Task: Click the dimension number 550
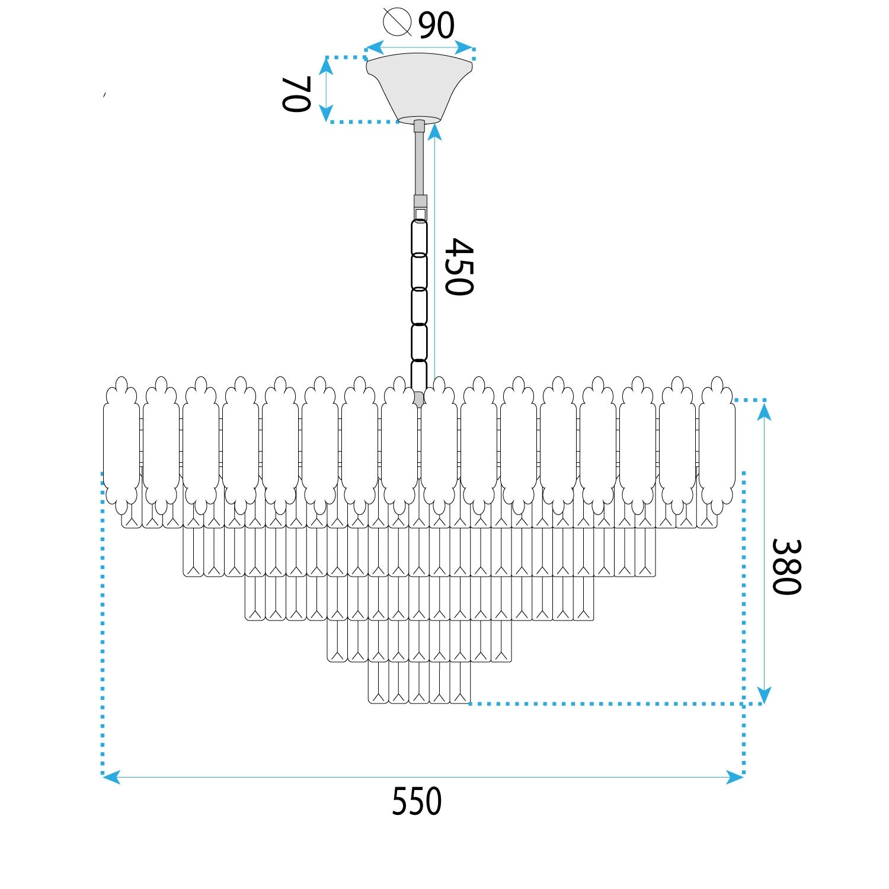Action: [x=416, y=802]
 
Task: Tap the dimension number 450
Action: [x=459, y=267]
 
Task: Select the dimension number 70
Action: [x=296, y=94]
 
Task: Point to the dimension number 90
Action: [x=436, y=25]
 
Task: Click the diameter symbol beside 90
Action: [x=397, y=22]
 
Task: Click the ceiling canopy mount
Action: [x=419, y=86]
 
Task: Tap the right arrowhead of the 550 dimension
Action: [x=734, y=777]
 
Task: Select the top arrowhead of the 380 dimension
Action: [x=764, y=411]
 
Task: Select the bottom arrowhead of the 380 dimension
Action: [x=764, y=695]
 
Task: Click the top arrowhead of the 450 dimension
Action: [x=435, y=132]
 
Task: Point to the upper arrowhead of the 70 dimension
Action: [x=326, y=65]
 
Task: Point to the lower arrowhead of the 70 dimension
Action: [x=326, y=113]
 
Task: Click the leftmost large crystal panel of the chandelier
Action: [x=121, y=444]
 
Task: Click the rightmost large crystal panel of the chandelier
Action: [x=717, y=444]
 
